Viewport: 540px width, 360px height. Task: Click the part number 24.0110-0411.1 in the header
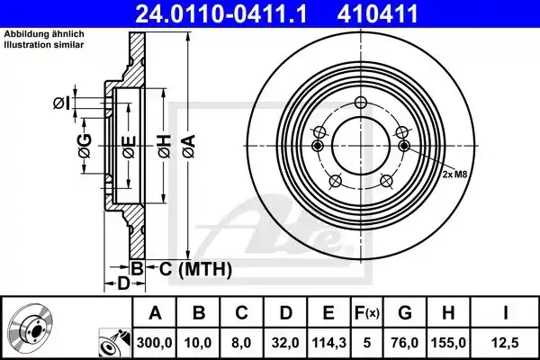point(220,13)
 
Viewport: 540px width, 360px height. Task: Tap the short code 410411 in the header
point(377,13)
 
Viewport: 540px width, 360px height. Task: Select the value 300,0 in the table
point(154,343)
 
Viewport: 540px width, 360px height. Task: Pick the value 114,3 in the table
point(328,343)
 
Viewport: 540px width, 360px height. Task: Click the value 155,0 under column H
point(448,343)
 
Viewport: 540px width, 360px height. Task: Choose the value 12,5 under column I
point(506,343)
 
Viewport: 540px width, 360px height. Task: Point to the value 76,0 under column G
point(405,343)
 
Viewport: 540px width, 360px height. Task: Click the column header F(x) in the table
point(367,313)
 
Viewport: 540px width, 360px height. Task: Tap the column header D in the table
point(285,313)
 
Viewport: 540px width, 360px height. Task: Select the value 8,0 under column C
point(241,343)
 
